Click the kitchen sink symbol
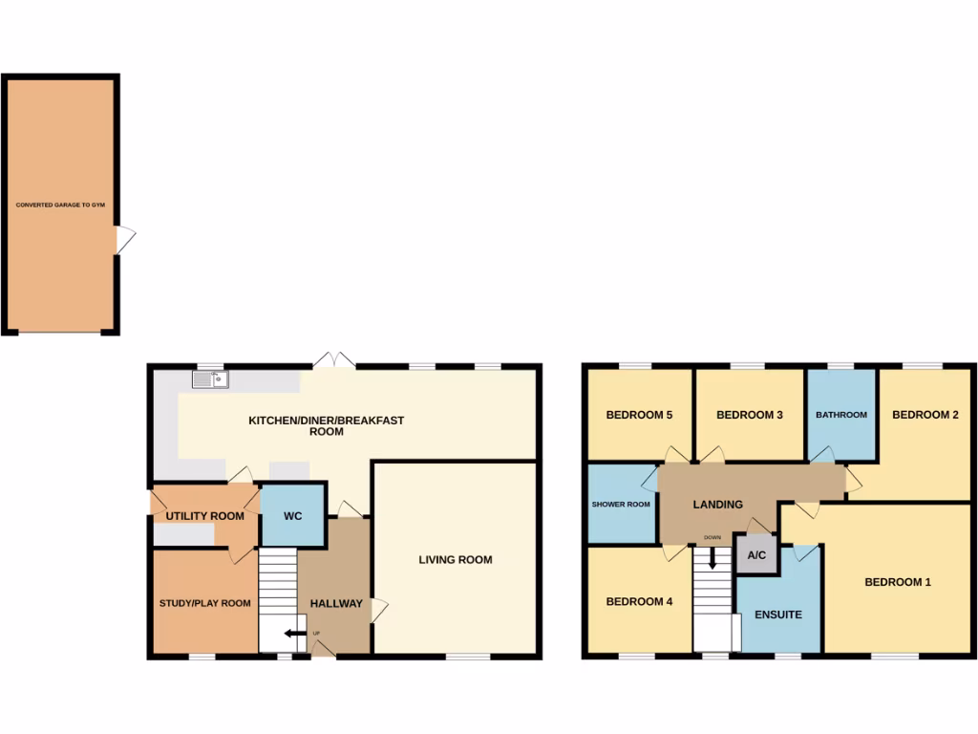[210, 379]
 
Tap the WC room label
[292, 516]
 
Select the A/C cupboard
[756, 555]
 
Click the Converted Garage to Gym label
[60, 205]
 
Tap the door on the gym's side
[125, 239]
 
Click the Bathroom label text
[841, 415]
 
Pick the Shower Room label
[621, 505]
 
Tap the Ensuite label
[778, 615]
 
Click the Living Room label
[456, 560]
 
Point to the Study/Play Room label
[204, 603]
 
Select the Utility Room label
[205, 516]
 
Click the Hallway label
[336, 603]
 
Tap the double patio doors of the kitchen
[333, 361]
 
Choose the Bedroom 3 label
[750, 415]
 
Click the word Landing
[717, 505]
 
